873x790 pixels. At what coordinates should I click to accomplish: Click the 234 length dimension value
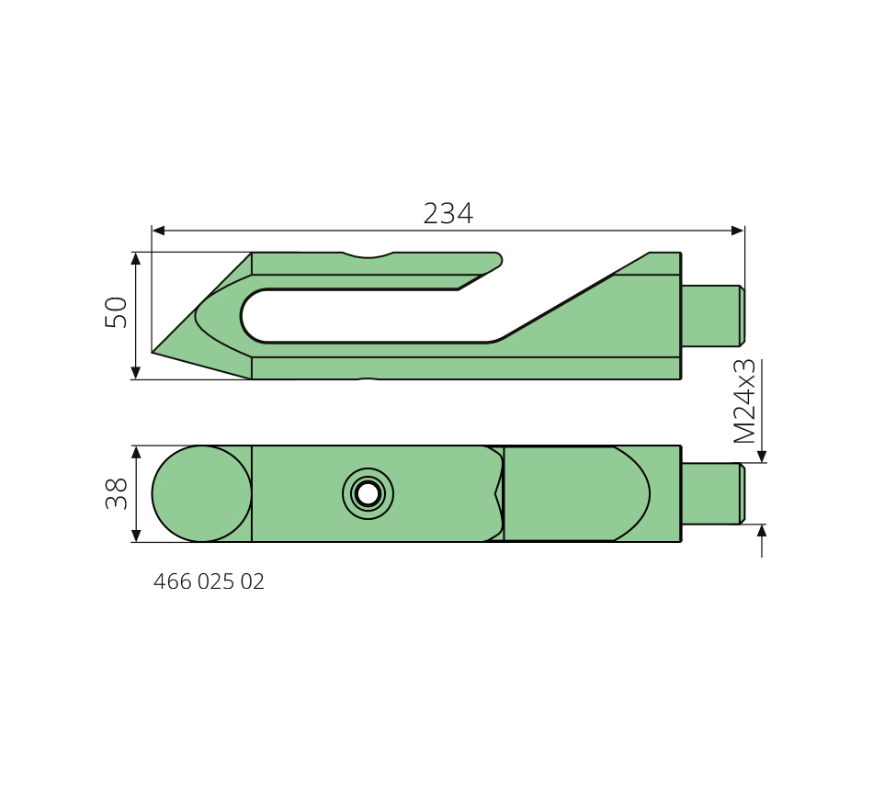448,213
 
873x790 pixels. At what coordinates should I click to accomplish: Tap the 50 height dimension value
117,312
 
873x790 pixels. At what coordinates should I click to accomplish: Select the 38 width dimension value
117,494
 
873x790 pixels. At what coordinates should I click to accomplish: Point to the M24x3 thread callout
744,401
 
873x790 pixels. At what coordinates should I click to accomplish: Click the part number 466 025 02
209,581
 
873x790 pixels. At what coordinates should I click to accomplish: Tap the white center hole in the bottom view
368,494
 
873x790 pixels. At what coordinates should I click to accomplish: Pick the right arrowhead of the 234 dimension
737,231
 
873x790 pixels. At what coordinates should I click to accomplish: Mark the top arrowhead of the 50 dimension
136,259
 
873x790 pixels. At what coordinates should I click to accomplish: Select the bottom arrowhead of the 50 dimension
136,372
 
